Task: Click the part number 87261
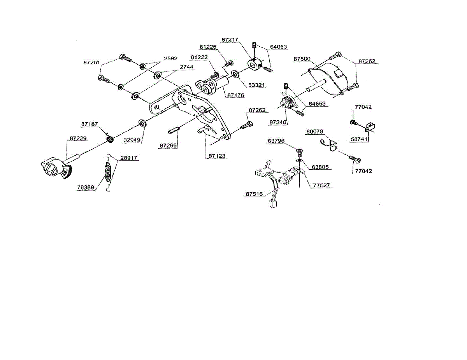(91, 62)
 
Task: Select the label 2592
(170, 59)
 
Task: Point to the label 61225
(208, 47)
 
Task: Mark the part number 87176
(237, 95)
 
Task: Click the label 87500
(302, 59)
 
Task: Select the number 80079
(314, 132)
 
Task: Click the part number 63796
(276, 140)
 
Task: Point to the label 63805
(320, 167)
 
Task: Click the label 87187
(90, 124)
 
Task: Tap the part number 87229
(78, 138)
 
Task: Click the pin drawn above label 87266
(173, 131)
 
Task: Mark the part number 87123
(217, 156)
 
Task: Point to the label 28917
(129, 158)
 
